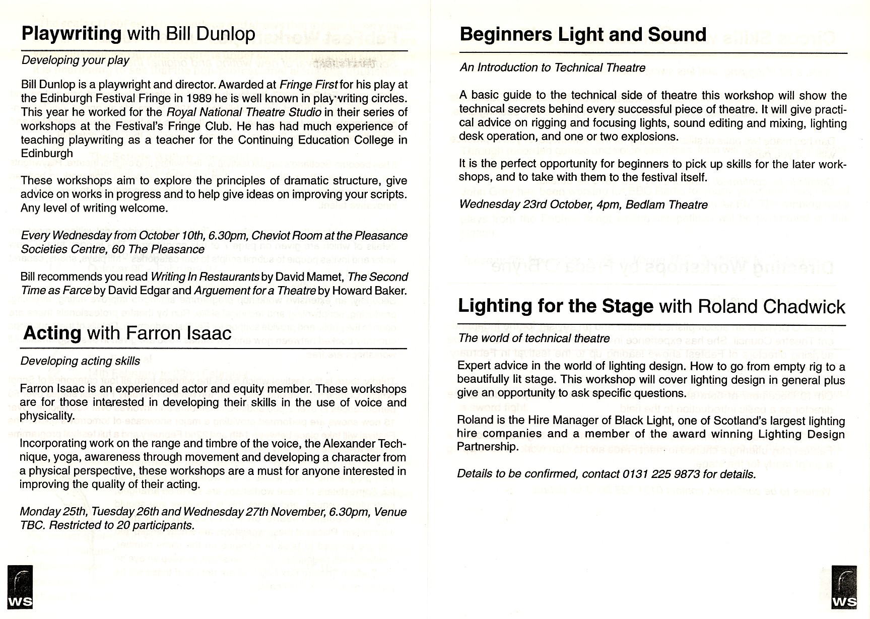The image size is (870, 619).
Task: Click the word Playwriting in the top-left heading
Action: pos(72,34)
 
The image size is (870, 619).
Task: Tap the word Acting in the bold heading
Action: pos(52,333)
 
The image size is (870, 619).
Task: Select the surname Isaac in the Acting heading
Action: pos(206,333)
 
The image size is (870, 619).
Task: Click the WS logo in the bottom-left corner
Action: pos(21,587)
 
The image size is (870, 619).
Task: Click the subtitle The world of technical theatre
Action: pos(534,338)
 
